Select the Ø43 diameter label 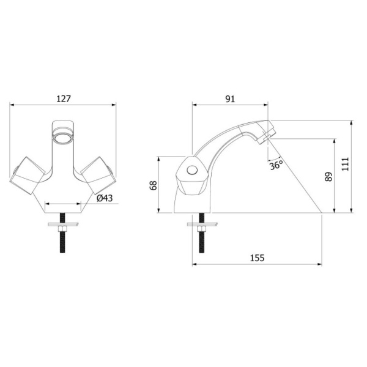tap(105, 198)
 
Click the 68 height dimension tap(154, 185)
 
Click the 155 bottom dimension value tap(257, 258)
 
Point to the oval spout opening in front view tap(62, 136)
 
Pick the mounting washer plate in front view tap(62, 223)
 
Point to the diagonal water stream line tap(297, 177)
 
